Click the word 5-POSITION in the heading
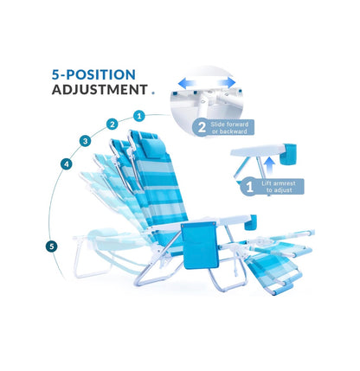pos(93,74)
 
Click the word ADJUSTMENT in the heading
pos(100,90)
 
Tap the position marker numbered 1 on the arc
pos(139,116)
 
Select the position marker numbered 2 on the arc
pos(112,125)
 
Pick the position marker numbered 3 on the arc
pos(85,141)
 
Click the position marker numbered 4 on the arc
pos(67,164)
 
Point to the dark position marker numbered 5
pos(52,246)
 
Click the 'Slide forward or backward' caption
pos(229,128)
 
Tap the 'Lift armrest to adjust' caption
pos(279,187)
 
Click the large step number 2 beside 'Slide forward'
pos(202,127)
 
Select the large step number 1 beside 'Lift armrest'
pos(250,187)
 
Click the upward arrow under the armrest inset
pos(269,166)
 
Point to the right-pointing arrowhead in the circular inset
pos(230,82)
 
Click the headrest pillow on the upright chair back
pos(154,148)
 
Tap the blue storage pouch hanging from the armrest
pos(199,246)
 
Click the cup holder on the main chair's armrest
pos(250,222)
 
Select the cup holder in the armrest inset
pos(288,154)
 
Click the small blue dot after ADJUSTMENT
pos(153,93)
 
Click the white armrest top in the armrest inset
pos(258,151)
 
